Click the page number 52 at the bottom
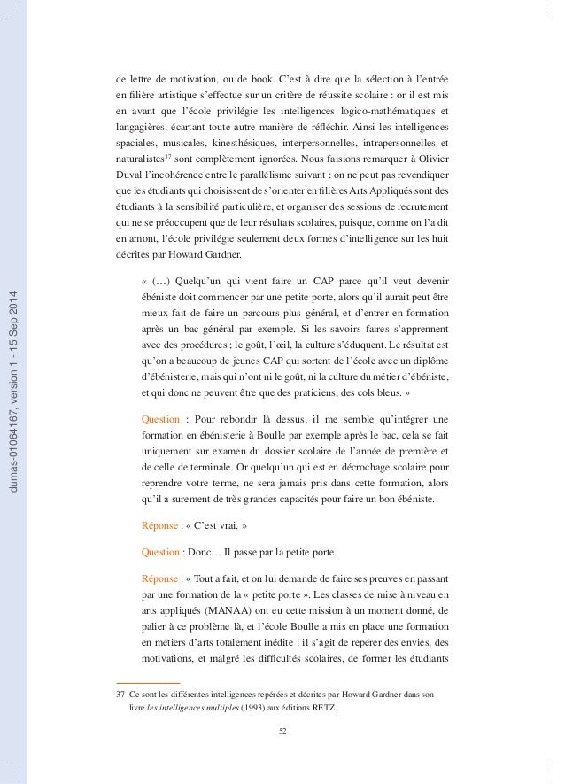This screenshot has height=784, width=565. click(x=283, y=730)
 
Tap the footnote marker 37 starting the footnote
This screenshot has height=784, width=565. click(x=108, y=695)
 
